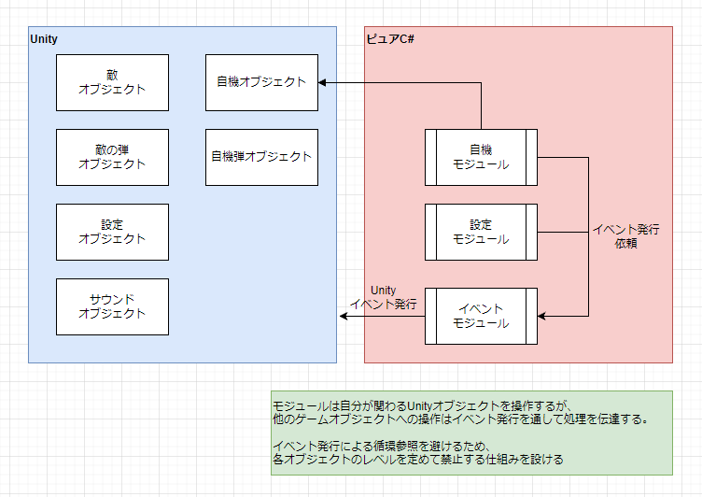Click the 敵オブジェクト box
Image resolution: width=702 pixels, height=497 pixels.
pos(112,82)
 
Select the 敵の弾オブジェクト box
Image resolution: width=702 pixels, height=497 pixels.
pos(112,157)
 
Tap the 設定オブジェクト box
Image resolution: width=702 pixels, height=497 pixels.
pos(112,232)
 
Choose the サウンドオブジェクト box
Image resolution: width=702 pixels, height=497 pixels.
pos(112,306)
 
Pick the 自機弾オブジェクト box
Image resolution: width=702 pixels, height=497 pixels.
pos(261,157)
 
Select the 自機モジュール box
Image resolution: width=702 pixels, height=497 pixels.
pos(481,157)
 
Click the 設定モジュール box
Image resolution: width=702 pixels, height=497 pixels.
pos(481,232)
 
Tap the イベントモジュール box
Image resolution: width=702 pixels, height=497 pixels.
pos(481,316)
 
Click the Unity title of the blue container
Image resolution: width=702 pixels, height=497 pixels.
pos(45,39)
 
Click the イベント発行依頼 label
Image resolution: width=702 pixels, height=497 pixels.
pos(625,235)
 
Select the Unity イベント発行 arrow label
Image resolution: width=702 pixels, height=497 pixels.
pos(383,297)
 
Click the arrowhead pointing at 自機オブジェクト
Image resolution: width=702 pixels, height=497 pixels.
pos(322,82)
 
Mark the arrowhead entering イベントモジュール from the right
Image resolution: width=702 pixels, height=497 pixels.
pos(542,316)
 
